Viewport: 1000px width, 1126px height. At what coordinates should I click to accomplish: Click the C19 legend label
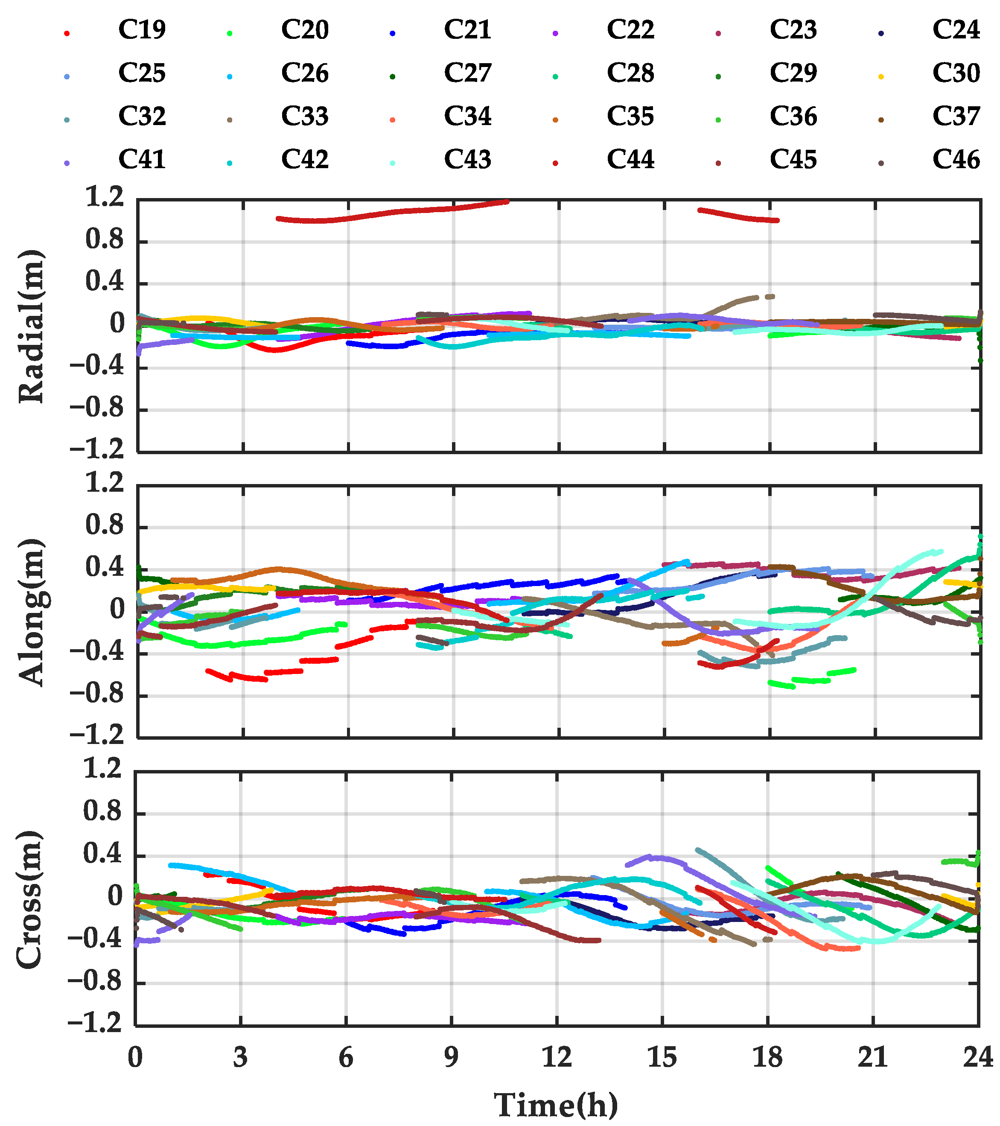[x=142, y=30]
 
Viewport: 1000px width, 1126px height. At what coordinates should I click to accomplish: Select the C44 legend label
[x=630, y=160]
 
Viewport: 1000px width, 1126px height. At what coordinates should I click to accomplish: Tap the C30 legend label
[x=956, y=73]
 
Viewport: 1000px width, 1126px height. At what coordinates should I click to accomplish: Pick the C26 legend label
[x=305, y=73]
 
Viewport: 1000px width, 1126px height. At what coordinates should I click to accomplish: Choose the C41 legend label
[x=142, y=160]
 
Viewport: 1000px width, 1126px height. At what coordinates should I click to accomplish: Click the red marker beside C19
[x=67, y=33]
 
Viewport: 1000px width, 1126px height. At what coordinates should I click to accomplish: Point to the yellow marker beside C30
[x=881, y=76]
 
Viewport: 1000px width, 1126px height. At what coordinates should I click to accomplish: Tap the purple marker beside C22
[x=555, y=33]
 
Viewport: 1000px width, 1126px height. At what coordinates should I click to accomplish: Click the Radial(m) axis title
[x=32, y=326]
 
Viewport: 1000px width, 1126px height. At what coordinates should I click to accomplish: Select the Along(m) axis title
[x=32, y=612]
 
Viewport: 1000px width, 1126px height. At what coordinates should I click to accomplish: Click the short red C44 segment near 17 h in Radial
[x=738, y=216]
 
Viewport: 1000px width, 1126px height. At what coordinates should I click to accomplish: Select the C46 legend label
[x=956, y=160]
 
